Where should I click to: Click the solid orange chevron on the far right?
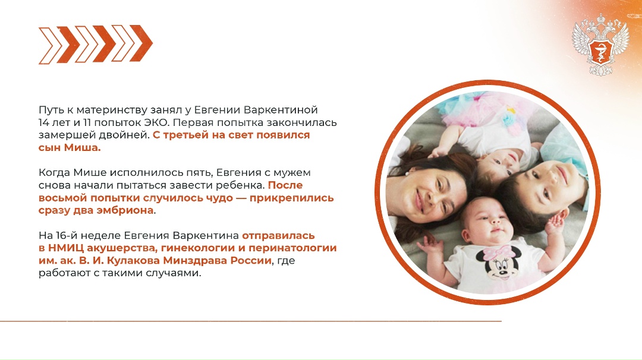(138, 44)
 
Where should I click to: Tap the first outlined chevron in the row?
(51, 44)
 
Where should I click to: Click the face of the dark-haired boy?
(539, 181)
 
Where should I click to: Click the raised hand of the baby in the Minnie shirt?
(556, 224)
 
